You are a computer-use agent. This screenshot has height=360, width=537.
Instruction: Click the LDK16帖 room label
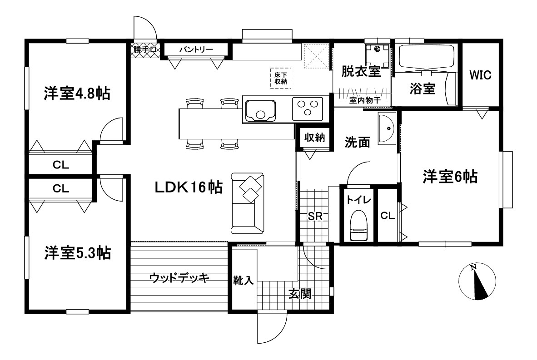(189, 187)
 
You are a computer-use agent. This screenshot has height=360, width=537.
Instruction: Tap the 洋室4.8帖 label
(77, 94)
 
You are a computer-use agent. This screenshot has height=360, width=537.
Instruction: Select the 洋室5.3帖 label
(77, 253)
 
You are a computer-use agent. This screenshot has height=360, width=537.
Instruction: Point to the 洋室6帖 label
(450, 177)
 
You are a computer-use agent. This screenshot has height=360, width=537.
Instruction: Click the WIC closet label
(480, 75)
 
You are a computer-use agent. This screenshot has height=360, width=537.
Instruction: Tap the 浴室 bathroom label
(422, 89)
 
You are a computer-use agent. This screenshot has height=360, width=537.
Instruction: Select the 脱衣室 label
(361, 71)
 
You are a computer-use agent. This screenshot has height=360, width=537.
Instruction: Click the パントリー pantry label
(196, 49)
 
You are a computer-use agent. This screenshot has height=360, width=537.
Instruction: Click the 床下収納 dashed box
(281, 78)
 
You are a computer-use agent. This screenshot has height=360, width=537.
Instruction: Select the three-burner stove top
(308, 109)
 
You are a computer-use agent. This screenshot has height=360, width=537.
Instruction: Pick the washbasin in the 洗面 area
(387, 128)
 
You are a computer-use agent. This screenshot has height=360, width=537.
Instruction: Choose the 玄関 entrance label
(300, 294)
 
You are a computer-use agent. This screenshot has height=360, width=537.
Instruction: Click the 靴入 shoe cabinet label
(243, 280)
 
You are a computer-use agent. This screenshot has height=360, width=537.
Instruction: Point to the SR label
(315, 216)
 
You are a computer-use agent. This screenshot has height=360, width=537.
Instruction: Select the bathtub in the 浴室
(427, 58)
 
